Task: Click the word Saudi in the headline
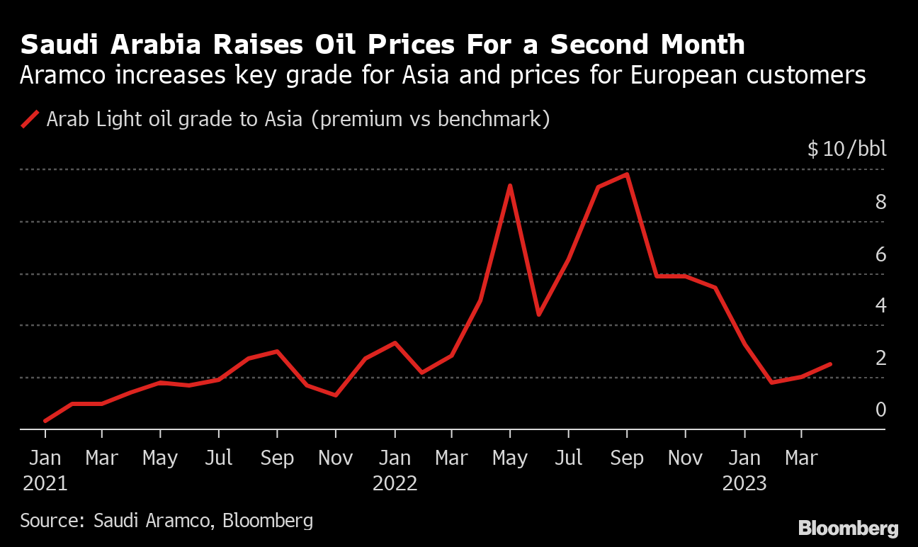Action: coord(59,45)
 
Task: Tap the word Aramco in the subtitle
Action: coord(63,75)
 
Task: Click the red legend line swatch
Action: coord(30,119)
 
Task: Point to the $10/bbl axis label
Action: coord(846,148)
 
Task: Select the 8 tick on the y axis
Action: coord(880,202)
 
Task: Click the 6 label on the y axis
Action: coord(880,254)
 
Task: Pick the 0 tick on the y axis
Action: coord(880,410)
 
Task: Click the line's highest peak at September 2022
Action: coord(627,175)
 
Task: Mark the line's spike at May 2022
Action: coord(510,186)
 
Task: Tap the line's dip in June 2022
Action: coord(539,315)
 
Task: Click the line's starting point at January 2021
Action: coord(45,421)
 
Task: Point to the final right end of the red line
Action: coord(831,363)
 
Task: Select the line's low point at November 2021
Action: coord(336,395)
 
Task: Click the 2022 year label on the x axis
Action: coord(395,483)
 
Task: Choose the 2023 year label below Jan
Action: coord(744,483)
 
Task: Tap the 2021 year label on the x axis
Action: coord(45,483)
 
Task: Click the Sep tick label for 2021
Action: coord(277,458)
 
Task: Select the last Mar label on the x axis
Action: coord(801,458)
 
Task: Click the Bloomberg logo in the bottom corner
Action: coord(849,528)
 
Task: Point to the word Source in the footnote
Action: coord(52,520)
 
